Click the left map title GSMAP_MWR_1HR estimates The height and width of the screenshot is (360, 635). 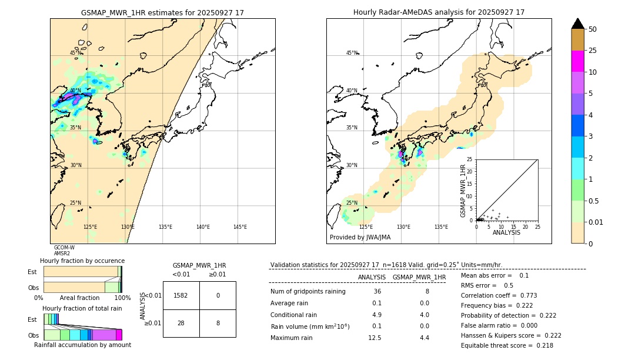pos(162,12)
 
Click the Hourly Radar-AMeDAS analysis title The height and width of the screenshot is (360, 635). pos(439,12)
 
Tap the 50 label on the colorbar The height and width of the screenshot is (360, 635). pos(593,29)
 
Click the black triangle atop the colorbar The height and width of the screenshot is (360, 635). pos(578,24)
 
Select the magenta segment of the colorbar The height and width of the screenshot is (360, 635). pos(578,61)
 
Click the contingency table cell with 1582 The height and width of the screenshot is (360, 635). pos(181,295)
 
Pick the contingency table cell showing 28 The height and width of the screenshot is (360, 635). pos(181,323)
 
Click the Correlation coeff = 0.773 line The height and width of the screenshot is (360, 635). pos(499,295)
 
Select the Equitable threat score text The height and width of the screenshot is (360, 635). pos(507,345)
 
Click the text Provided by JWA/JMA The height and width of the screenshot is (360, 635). pos(360,238)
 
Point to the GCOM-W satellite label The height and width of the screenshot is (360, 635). pos(64,248)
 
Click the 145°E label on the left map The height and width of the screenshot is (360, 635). pos(240,227)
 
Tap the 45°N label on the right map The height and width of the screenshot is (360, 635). pos(352,53)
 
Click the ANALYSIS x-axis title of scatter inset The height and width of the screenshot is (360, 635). pos(506,232)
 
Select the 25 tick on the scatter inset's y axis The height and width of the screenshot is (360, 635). pos(469,159)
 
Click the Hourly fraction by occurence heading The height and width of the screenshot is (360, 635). pos(82,261)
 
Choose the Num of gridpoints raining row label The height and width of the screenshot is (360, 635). pos(308,291)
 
